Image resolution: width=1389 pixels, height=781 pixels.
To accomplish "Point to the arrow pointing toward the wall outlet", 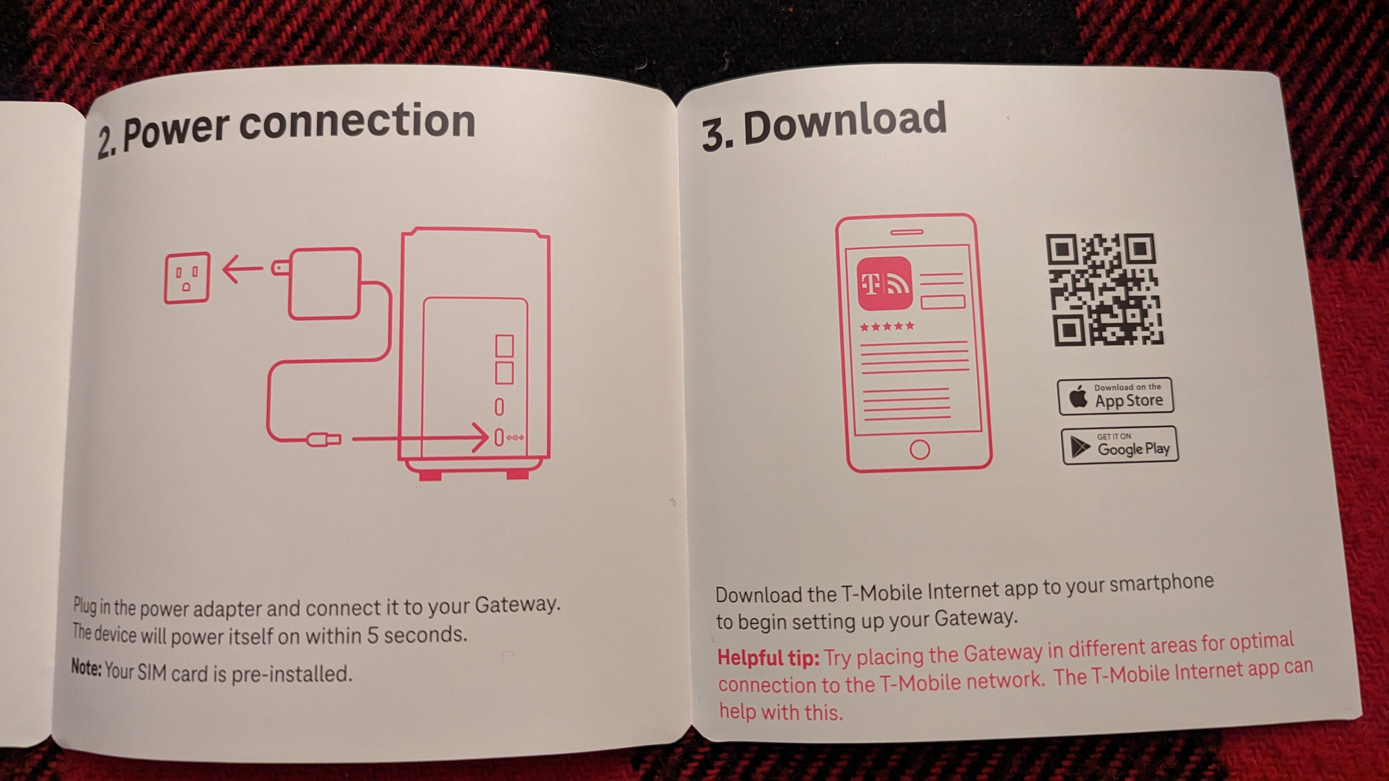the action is coord(243,268).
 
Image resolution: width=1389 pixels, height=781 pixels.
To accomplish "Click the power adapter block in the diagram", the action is coord(324,283).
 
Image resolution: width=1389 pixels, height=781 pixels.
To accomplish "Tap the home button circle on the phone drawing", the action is coord(919,449).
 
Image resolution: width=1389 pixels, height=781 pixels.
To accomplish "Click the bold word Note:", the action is coord(86,668).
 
